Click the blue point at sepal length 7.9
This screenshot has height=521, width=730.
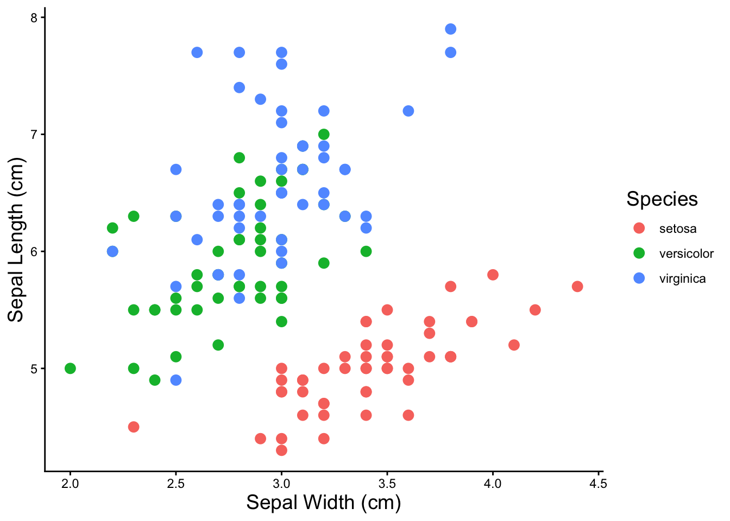[450, 29]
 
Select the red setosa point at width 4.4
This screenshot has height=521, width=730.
[577, 286]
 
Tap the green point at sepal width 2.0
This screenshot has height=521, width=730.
[70, 368]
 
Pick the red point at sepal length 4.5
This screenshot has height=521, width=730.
[134, 427]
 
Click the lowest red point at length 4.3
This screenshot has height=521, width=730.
[281, 450]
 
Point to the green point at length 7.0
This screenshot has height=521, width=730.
[324, 134]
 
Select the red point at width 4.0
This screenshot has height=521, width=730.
[493, 275]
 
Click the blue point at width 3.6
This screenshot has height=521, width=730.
[408, 111]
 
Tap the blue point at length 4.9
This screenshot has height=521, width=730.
[176, 380]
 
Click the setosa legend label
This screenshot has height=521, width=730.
[677, 228]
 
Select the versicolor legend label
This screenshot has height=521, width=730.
[686, 253]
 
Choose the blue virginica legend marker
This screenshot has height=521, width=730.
[639, 278]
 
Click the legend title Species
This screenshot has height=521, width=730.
[662, 199]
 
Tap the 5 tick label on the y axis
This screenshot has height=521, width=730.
[34, 368]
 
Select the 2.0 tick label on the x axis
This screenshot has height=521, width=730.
[70, 484]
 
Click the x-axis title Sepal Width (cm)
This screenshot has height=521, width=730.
[324, 503]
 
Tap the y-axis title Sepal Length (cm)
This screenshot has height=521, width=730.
[16, 239]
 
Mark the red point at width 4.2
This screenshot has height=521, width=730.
[535, 310]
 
